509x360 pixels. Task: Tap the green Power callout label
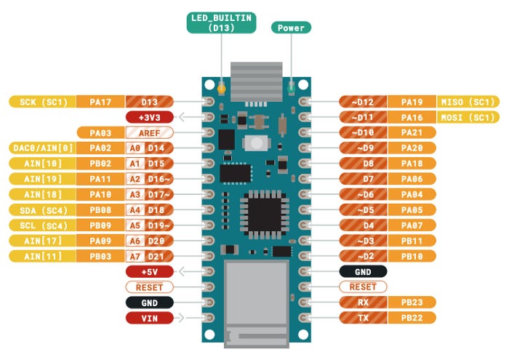pos(291,28)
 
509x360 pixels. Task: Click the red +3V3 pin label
pos(149,117)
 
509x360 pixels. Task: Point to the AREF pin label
pos(149,132)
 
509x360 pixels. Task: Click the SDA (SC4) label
pos(43,209)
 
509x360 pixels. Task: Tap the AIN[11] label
pos(43,255)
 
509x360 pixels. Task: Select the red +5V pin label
pos(149,271)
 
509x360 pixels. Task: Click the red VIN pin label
pos(149,318)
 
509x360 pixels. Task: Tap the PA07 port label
pos(412,225)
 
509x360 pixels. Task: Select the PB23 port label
pos(412,302)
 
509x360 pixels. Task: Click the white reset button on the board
pos(254,142)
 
